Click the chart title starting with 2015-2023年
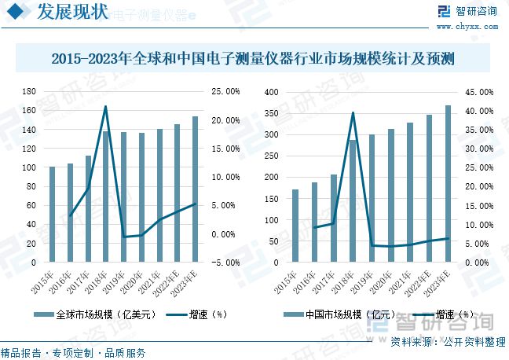tap(254, 59)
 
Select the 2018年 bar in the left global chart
tap(106, 197)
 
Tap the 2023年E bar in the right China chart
tap(448, 183)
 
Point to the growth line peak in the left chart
tap(106, 107)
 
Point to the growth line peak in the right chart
tap(353, 112)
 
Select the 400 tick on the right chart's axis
tap(272, 92)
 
